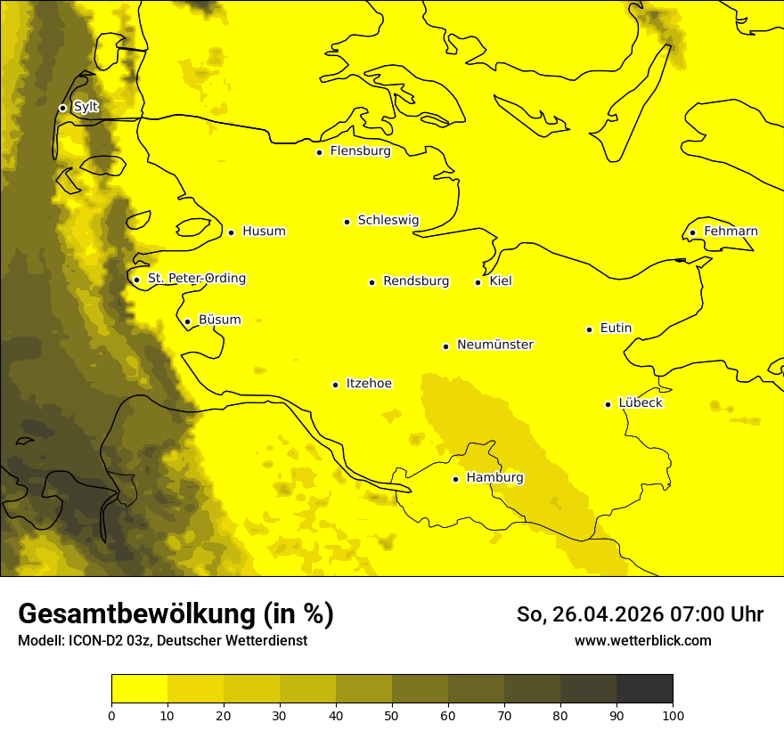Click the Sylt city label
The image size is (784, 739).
pos(86,107)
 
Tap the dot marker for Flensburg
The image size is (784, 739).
pos(319,152)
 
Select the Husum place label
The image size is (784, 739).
pos(264,231)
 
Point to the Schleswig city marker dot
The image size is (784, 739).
pos(347,222)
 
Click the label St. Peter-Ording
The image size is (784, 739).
pos(197,279)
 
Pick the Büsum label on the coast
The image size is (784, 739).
pos(219,320)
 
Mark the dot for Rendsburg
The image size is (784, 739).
pos(372,282)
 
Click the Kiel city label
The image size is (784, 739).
pos(501,281)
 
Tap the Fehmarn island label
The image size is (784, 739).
pos(731,231)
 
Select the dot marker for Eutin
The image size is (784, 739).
pos(589,329)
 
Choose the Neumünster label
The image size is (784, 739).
pos(495,345)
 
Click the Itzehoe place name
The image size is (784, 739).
pos(369,384)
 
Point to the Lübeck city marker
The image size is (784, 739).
pos(608,404)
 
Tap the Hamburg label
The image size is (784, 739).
pos(494,478)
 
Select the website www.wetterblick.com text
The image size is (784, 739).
pos(642,641)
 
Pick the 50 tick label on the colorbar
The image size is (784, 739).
pos(392,715)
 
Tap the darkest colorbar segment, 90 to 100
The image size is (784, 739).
pos(644,688)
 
